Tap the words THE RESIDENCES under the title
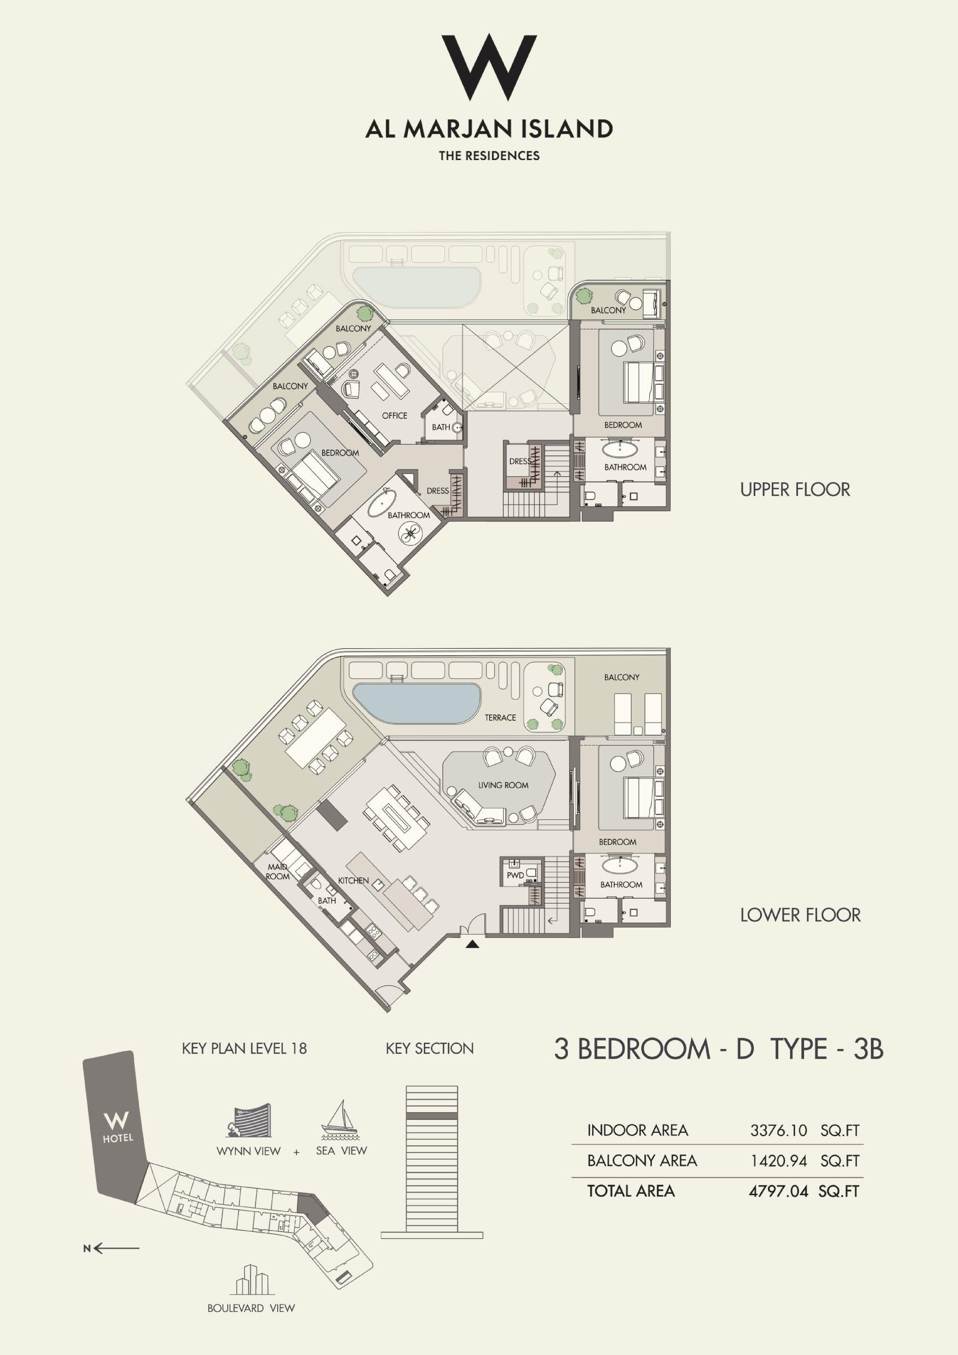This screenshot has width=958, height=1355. (x=489, y=156)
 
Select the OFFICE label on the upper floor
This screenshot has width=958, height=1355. (x=395, y=415)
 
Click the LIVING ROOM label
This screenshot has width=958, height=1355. (x=503, y=785)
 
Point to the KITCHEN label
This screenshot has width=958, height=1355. (x=353, y=881)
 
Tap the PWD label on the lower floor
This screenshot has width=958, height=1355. (x=515, y=875)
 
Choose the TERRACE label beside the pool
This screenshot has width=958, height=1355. (x=500, y=718)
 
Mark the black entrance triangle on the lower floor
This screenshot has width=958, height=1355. (x=472, y=944)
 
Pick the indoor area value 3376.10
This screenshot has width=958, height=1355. (x=779, y=1130)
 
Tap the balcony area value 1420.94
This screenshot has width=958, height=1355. (x=779, y=1161)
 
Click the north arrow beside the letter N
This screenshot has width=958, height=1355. (x=116, y=1248)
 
